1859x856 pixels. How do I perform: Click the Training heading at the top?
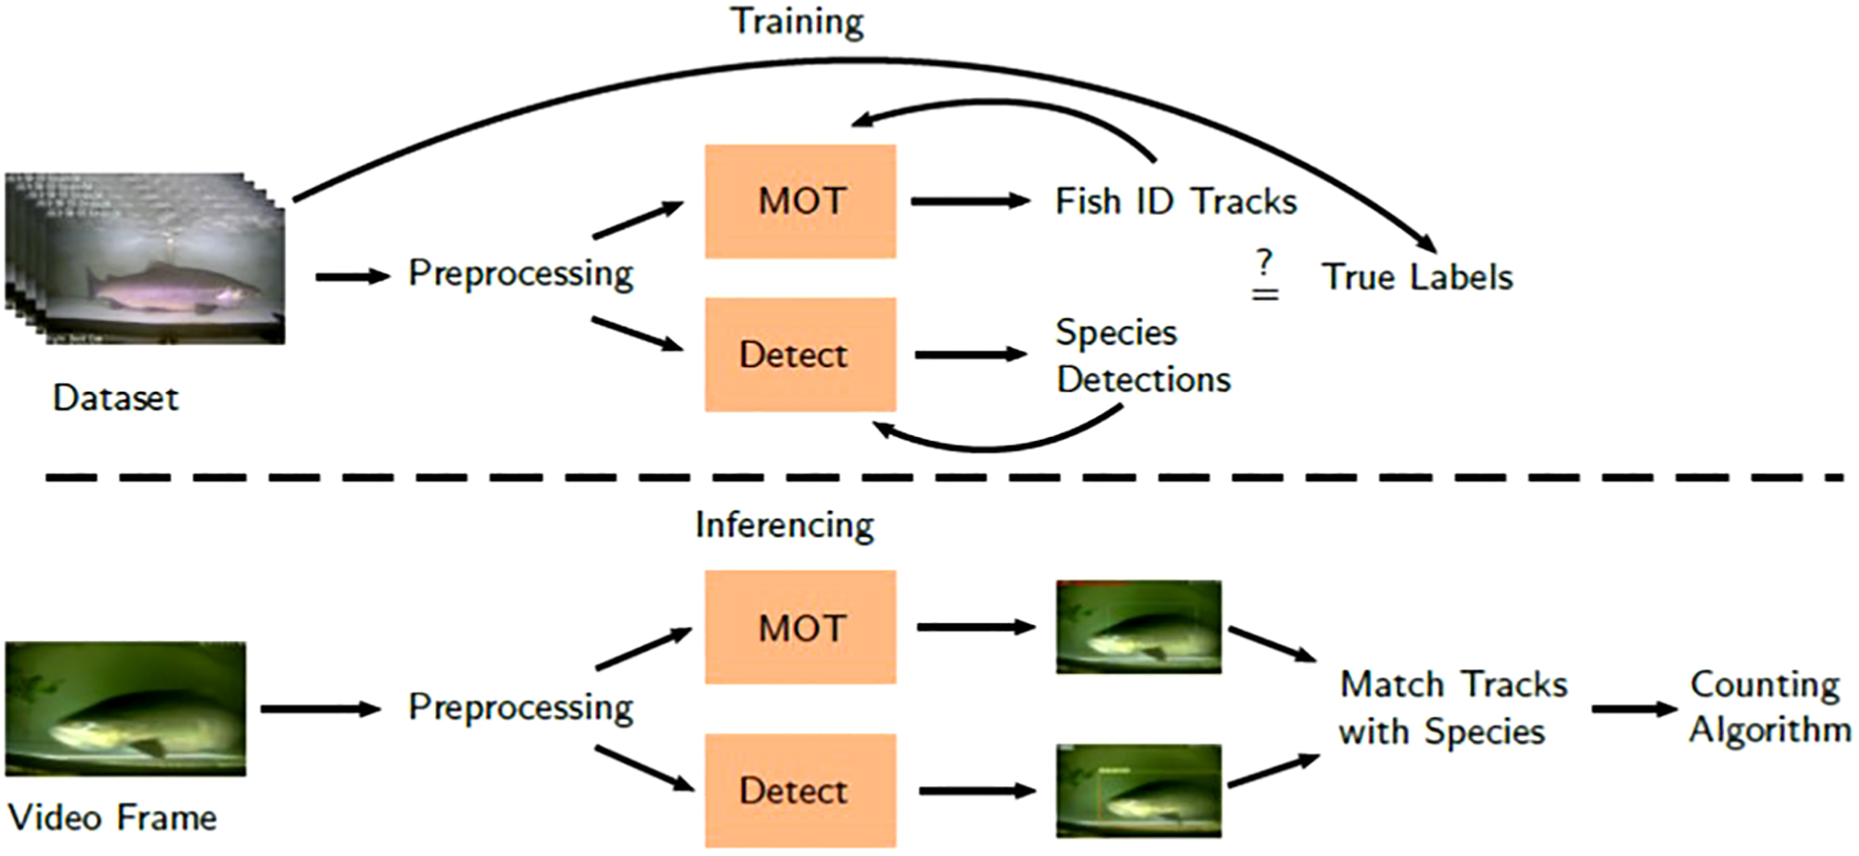pos(797,21)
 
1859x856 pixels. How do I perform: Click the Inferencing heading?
pos(785,525)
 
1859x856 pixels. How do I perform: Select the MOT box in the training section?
pos(801,201)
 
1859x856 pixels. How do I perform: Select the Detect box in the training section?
pos(801,355)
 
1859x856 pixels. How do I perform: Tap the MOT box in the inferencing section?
pos(801,628)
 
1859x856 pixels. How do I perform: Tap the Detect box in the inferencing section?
pos(801,790)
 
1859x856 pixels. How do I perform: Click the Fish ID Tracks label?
pos(1175,201)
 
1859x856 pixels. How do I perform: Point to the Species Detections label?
pos(1142,356)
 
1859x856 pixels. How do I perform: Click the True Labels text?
pos(1416,277)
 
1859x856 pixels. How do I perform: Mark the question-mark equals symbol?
pos(1265,277)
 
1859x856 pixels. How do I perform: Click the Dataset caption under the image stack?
pos(115,398)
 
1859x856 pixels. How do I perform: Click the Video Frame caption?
pos(111,817)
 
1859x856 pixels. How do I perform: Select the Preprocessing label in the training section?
pos(520,274)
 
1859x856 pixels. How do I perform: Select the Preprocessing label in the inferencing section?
pos(520,708)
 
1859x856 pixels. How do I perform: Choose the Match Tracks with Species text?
pos(1452,708)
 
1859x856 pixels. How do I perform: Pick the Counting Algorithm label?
pos(1768,707)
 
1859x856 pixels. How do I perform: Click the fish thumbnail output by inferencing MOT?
pos(1139,628)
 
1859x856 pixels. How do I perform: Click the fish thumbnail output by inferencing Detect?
pos(1139,791)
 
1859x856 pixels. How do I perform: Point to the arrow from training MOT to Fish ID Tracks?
pos(970,201)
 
